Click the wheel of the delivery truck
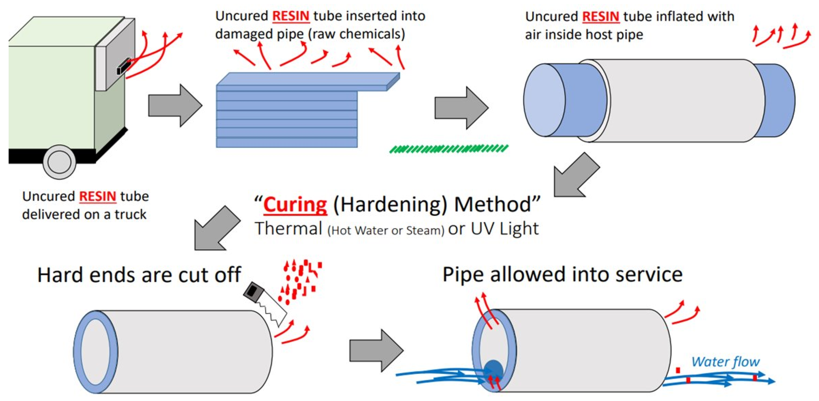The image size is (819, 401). [59, 162]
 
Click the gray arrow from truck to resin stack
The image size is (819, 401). [175, 105]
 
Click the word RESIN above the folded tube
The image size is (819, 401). [291, 16]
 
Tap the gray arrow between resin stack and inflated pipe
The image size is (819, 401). [461, 108]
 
